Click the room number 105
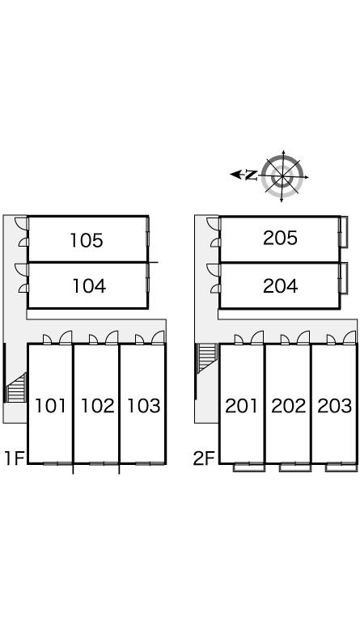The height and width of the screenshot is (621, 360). point(87,240)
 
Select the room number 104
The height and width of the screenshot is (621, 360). point(89,286)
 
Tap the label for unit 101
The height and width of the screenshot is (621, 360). point(50,406)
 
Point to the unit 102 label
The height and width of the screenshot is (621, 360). point(97,406)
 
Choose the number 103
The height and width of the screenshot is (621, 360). point(143,406)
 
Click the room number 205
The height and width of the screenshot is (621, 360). point(280,238)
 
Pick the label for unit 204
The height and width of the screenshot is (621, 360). point(280,286)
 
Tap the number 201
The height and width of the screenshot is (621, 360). point(241,406)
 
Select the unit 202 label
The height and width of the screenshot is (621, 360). point(288,406)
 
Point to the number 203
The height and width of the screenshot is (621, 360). point(335,406)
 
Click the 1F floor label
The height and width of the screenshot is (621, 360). point(15,458)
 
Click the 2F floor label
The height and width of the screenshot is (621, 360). point(204,458)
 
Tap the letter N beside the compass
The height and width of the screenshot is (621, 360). point(251,175)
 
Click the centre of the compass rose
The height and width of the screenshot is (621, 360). point(282,176)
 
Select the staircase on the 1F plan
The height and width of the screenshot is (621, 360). point(16,388)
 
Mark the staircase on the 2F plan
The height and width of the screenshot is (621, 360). point(207,358)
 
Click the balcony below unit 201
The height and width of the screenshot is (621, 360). point(248,467)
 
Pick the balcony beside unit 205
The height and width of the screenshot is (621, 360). point(344,232)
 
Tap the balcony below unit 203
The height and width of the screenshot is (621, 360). point(341,467)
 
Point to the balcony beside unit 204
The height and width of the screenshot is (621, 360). point(344,278)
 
